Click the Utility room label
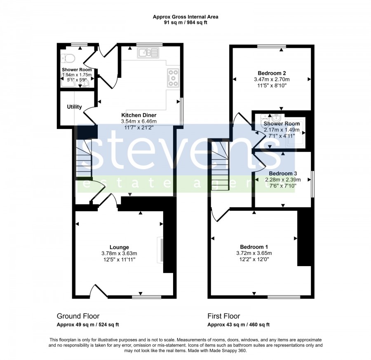[74, 107]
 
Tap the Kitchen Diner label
[139, 115]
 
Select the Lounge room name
[119, 247]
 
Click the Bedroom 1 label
[254, 247]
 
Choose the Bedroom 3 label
[283, 173]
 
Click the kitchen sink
[148, 53]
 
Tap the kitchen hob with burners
[174, 78]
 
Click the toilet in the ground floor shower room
[68, 58]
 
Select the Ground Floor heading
[78, 316]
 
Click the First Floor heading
[224, 316]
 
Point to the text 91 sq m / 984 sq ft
[185, 23]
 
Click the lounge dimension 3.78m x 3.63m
[119, 253]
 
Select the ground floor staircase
[84, 158]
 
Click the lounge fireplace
[161, 250]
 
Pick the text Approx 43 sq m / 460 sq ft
[239, 325]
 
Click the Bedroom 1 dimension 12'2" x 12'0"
[254, 259]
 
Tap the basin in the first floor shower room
[276, 117]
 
